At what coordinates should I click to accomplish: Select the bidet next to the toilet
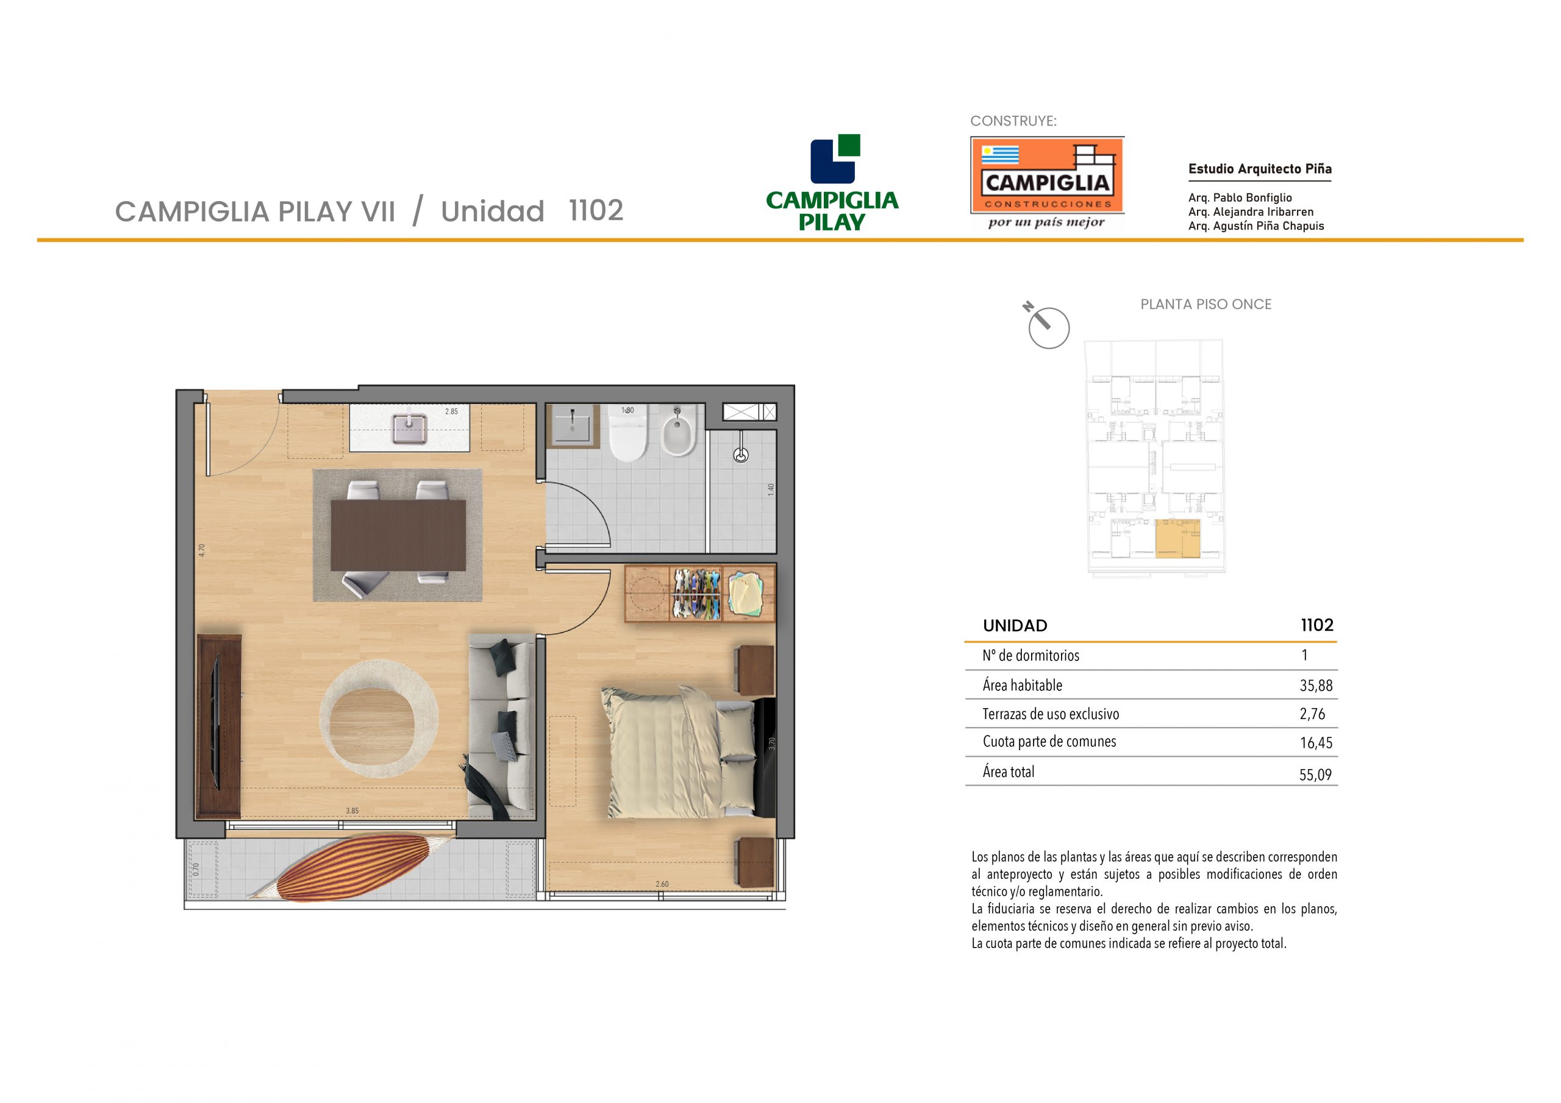click(x=678, y=431)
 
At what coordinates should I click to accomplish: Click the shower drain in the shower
click(x=741, y=455)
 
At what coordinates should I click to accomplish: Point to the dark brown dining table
click(x=398, y=536)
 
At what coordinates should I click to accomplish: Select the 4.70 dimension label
click(x=202, y=550)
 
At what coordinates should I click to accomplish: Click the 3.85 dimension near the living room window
click(x=352, y=810)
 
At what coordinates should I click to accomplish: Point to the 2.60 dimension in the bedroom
click(x=662, y=884)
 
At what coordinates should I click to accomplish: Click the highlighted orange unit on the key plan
click(x=1177, y=539)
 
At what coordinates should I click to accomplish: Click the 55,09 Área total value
click(x=1315, y=775)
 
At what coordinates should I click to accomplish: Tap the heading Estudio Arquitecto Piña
click(x=1260, y=169)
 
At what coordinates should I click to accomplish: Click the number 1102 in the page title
click(x=596, y=211)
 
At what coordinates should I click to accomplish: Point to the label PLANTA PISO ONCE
click(x=1206, y=305)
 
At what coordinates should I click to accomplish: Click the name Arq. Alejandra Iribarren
click(x=1251, y=212)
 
